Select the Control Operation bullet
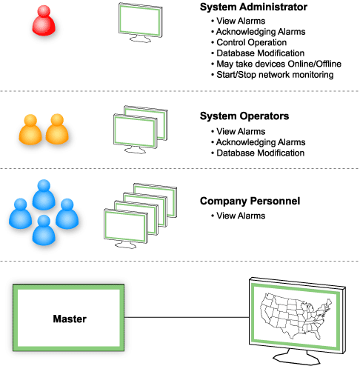click(x=250, y=42)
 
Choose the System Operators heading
click(x=244, y=116)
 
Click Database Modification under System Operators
click(x=260, y=153)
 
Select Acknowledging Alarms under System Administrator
click(x=260, y=32)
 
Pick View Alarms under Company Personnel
click(x=240, y=216)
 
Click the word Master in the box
click(x=70, y=319)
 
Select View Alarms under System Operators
click(x=240, y=131)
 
